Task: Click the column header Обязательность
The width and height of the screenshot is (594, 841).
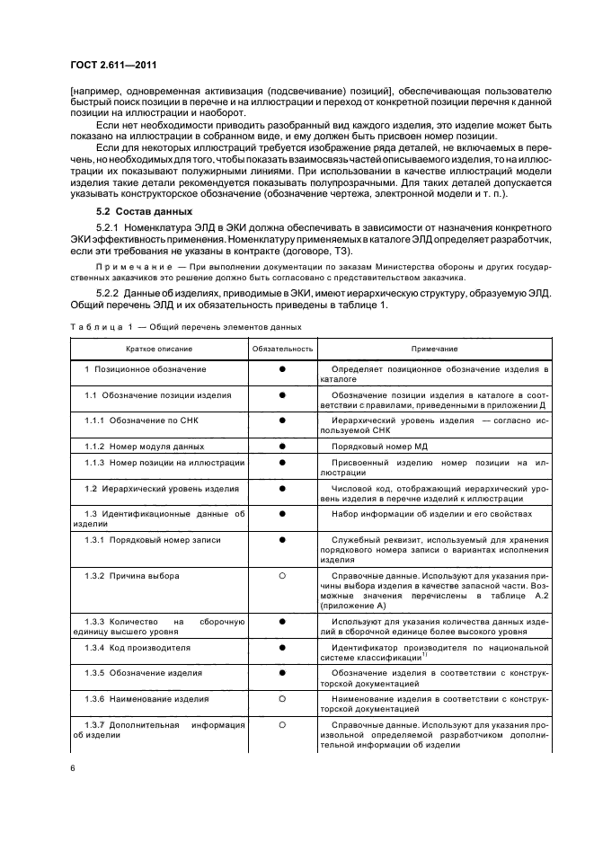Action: (282, 348)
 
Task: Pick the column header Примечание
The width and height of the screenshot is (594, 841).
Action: (435, 348)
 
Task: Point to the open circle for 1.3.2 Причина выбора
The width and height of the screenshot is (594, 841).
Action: (282, 575)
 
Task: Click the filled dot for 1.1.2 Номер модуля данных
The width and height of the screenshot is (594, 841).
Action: (282, 446)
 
